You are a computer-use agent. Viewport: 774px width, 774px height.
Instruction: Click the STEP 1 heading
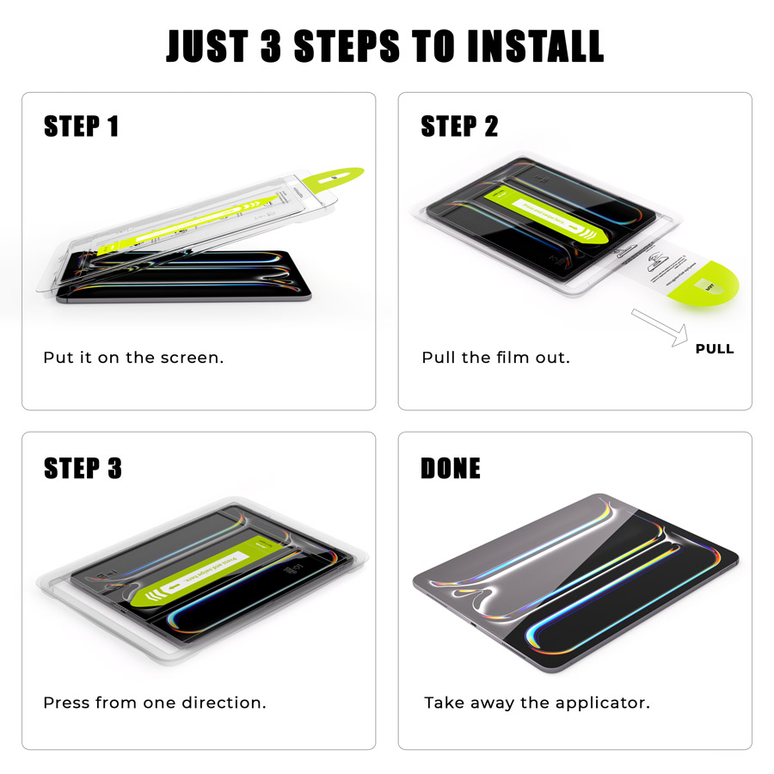click(81, 126)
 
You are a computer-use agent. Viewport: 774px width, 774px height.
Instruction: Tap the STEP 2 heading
click(459, 126)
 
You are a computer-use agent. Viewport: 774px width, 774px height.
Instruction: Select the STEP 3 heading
click(83, 468)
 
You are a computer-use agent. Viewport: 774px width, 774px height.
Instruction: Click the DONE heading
click(450, 468)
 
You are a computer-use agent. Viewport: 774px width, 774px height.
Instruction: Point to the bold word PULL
click(715, 349)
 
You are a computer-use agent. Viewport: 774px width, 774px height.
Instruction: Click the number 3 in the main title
click(270, 46)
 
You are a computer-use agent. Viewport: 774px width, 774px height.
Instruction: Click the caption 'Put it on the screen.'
click(133, 358)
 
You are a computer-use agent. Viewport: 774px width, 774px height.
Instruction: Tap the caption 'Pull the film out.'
click(495, 358)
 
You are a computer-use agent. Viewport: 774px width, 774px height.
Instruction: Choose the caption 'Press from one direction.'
click(155, 703)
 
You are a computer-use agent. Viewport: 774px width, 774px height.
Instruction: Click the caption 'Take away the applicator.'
click(537, 703)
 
